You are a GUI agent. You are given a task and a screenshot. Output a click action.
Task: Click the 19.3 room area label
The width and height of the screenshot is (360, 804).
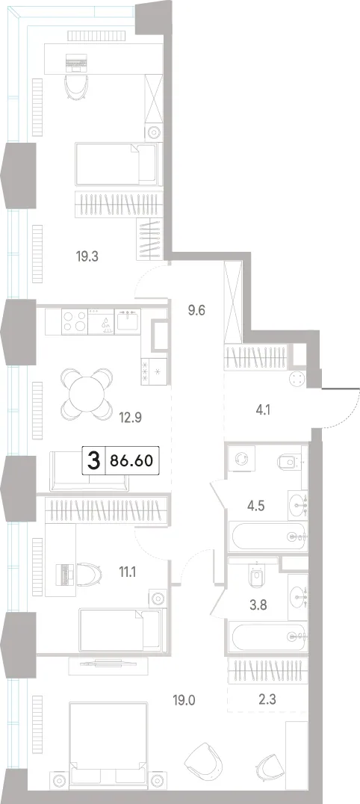[x=87, y=256]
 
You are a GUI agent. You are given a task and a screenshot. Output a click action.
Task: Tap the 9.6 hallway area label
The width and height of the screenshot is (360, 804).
[x=196, y=311]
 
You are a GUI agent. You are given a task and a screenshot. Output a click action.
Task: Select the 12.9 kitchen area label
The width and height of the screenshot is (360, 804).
[x=130, y=418]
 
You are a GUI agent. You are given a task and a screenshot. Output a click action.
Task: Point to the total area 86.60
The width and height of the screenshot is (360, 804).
[x=130, y=461]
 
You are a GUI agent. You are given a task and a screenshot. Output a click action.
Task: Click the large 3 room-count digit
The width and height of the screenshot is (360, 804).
[x=93, y=461]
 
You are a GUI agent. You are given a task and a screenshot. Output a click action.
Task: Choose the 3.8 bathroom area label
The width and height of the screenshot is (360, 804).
[x=257, y=604]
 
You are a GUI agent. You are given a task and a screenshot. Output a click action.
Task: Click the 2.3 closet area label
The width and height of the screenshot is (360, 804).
[x=267, y=699]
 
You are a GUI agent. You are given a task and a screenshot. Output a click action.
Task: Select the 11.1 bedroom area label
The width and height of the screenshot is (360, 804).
[x=128, y=572]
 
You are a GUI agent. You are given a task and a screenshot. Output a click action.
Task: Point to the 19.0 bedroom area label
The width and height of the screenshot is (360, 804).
[x=186, y=699]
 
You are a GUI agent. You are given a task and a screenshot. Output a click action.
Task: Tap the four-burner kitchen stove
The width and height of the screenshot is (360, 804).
[x=75, y=321]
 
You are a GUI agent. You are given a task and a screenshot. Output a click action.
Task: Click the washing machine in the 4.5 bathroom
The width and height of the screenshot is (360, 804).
[x=240, y=458]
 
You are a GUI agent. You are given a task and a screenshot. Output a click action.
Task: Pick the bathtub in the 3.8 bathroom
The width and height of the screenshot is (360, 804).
[x=269, y=636]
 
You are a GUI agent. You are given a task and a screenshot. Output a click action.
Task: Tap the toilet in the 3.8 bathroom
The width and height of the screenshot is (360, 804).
[x=256, y=576]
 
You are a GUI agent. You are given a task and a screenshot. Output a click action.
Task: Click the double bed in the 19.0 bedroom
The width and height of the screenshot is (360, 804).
[x=108, y=743]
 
